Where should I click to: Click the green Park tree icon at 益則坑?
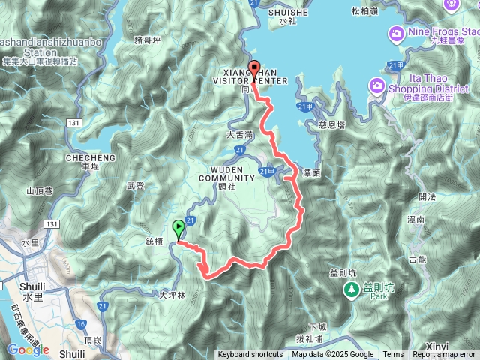point(350,289)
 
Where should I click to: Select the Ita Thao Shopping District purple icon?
point(376,88)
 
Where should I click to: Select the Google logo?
point(28,349)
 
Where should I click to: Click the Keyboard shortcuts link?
point(250,355)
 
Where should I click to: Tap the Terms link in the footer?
point(393,355)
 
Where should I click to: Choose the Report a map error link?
point(445,355)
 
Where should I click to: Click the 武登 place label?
point(136,185)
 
